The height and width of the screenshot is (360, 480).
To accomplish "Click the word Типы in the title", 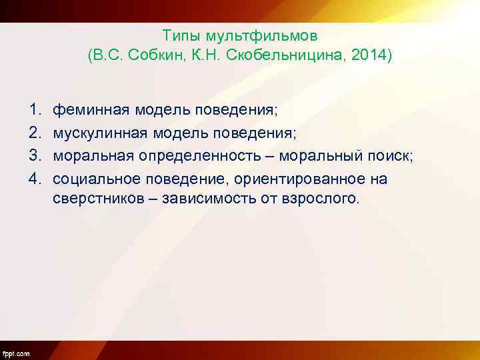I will coord(179,34).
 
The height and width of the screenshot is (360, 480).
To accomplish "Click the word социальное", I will coord(97,179).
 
